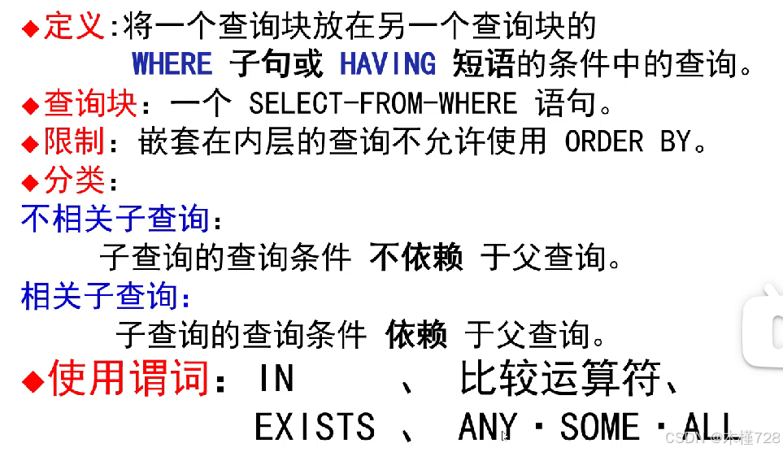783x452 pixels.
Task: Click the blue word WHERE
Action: click(x=172, y=63)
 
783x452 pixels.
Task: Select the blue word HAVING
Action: click(x=388, y=63)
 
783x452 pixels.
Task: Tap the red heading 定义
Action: click(x=74, y=27)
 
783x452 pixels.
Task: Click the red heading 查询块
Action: click(x=79, y=104)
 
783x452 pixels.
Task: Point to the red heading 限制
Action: click(x=74, y=142)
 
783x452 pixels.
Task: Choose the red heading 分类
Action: click(x=74, y=180)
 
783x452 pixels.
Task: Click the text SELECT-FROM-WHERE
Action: click(x=382, y=104)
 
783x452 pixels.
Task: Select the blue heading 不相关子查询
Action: click(x=115, y=219)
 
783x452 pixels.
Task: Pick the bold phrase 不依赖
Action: click(x=416, y=258)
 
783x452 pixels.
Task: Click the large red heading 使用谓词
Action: click(x=128, y=378)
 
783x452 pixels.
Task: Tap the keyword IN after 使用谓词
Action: click(x=276, y=380)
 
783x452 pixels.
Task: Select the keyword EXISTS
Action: click(x=315, y=427)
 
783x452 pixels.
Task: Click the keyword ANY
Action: click(x=488, y=427)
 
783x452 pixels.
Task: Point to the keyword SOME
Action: click(x=600, y=427)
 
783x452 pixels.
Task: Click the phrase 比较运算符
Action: click(x=560, y=380)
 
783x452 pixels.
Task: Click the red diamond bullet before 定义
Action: click(x=30, y=28)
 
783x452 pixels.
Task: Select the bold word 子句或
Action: click(x=276, y=63)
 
